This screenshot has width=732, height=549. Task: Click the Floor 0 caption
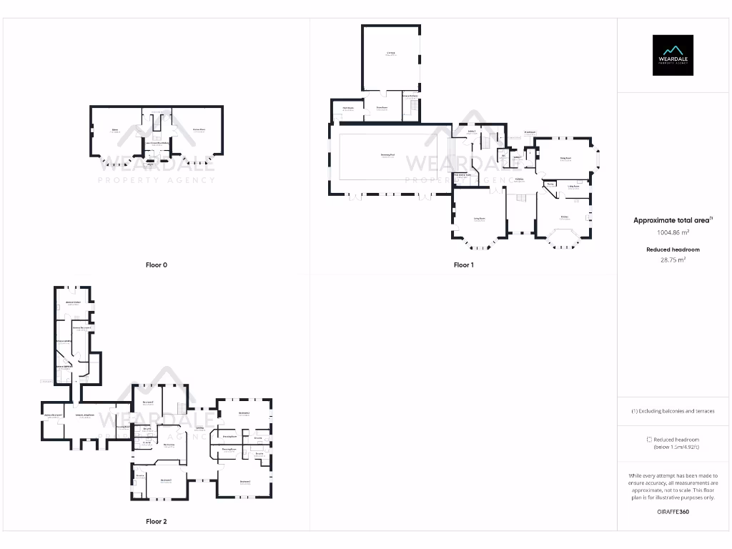coord(156,265)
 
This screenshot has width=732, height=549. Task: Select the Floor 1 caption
coord(464,265)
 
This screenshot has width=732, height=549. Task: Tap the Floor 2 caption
coord(156,522)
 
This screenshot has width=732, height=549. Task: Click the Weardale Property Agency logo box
coord(673,55)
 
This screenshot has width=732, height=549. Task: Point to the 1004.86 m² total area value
coord(673,232)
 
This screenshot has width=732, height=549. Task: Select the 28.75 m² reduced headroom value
coord(673,260)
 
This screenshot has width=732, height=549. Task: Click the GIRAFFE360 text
coord(673,512)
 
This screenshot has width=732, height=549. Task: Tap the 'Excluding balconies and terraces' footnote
coord(673,411)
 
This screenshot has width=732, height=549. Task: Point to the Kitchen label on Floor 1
coord(565,217)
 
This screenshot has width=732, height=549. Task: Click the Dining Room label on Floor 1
coord(565,159)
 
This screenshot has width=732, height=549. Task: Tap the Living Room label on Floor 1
coord(479,217)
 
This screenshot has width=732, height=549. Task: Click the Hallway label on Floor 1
coord(519,179)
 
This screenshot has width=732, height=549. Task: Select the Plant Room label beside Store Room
coord(348,108)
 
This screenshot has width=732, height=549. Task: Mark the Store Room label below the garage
coord(382,108)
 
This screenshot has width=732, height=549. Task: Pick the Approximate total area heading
coord(673,221)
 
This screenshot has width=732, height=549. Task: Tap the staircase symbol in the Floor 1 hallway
coord(522,198)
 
